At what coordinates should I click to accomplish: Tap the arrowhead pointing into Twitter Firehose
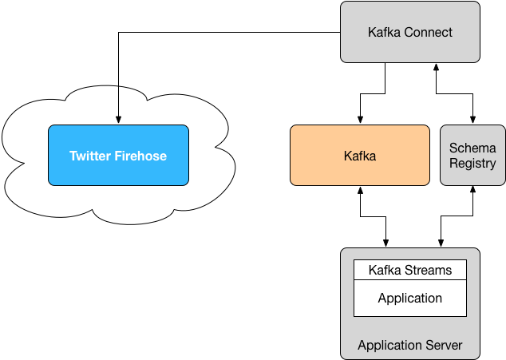click(118, 120)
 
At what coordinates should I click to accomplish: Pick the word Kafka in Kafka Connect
click(385, 33)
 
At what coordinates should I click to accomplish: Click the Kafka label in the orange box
click(360, 156)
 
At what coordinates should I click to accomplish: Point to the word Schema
click(472, 148)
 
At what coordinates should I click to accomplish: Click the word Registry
click(472, 164)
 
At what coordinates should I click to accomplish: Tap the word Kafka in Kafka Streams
click(385, 271)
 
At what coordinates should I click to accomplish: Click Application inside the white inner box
click(410, 298)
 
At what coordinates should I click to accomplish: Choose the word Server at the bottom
click(445, 346)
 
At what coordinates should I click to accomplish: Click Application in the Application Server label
click(390, 346)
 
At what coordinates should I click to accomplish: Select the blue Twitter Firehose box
click(118, 172)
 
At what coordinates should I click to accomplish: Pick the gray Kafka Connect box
click(410, 49)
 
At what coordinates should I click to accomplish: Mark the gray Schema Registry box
click(472, 177)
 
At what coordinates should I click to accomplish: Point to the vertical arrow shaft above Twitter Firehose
click(118, 100)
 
